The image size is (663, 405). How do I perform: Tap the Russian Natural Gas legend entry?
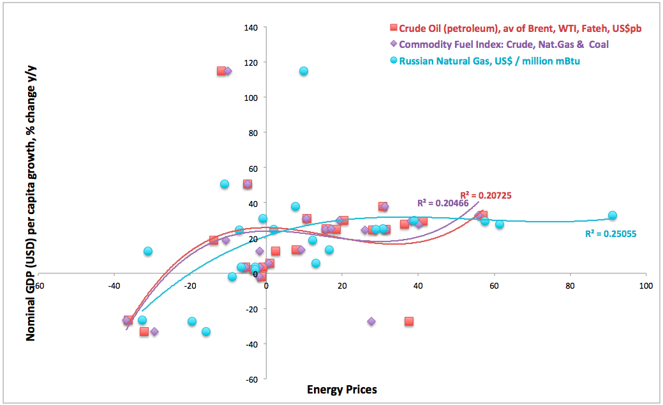point(485,61)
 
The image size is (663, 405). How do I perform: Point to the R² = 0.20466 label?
point(443,203)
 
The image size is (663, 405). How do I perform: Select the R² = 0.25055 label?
point(611,234)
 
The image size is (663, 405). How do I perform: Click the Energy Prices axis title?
point(342,390)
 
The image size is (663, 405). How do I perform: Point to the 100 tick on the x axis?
point(646,287)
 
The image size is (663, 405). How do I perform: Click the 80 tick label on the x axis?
point(570,287)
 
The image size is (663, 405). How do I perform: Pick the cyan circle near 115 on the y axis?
point(304,71)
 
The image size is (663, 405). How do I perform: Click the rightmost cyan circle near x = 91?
point(613,215)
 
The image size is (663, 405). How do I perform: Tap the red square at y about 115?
point(221,71)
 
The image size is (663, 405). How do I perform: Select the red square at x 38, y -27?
point(409,321)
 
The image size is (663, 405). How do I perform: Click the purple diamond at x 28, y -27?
point(371,321)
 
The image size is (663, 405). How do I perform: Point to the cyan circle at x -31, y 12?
point(148,251)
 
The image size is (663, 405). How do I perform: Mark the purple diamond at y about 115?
point(228,71)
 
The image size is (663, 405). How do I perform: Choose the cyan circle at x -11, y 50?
point(225,184)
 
